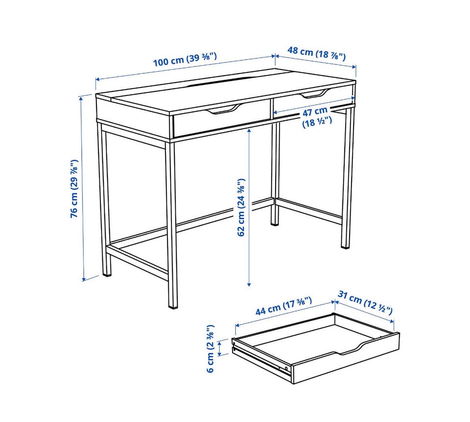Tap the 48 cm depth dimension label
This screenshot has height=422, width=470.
[317, 53]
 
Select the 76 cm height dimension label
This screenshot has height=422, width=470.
[74, 189]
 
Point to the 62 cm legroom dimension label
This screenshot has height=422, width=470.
[241, 207]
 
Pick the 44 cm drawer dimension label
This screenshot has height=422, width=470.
[283, 306]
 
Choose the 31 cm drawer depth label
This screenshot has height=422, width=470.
[365, 302]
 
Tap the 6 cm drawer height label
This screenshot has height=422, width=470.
[211, 348]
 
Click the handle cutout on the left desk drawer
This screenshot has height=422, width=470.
[223, 109]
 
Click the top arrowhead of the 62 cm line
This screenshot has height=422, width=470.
[249, 131]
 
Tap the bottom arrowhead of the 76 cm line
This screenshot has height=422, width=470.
[84, 279]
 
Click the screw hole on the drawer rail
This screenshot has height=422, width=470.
[286, 368]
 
